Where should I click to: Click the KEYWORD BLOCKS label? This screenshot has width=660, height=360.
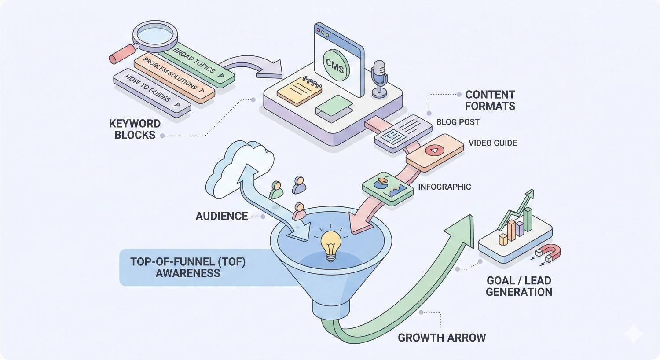point(135,129)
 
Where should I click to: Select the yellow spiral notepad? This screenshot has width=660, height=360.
point(300,90)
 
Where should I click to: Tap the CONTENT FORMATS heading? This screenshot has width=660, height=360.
point(490,100)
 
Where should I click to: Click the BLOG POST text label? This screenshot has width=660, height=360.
point(458,122)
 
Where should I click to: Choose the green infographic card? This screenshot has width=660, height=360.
point(388,188)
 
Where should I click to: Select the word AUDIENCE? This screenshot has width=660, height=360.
point(221,216)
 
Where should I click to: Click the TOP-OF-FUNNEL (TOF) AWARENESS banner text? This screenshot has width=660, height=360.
point(188,267)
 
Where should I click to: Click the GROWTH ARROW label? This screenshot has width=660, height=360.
point(442,338)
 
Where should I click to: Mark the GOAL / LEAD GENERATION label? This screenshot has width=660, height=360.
point(519,286)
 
